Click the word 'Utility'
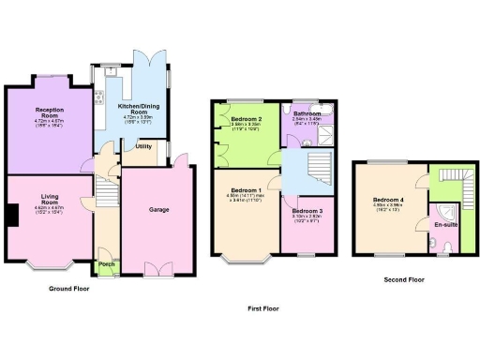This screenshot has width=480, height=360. coord(143,146)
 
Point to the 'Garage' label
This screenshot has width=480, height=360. coord(159,210)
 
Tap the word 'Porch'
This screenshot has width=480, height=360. coord(107,263)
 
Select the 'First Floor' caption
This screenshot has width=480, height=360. coord(263,307)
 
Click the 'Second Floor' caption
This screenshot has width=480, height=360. coord(404,279)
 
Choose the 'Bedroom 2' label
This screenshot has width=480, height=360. coord(246,120)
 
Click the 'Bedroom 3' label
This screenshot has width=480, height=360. coord(307,212)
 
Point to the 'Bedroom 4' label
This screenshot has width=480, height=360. coord(386,200)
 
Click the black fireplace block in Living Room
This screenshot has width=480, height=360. coord(9,216)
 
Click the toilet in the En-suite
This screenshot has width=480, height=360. coord(449,247)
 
